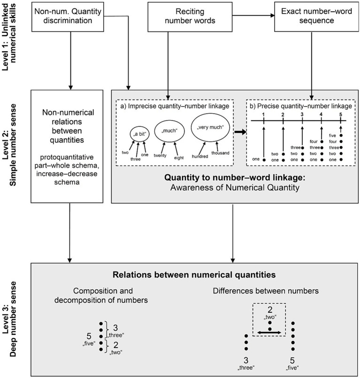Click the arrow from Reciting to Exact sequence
pyautogui.click(x=253, y=15)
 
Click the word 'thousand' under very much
pyautogui.click(x=220, y=153)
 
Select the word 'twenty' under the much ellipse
pyautogui.click(x=160, y=155)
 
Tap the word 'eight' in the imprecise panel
pyautogui.click(x=179, y=158)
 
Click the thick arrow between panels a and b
pyautogui.click(x=240, y=132)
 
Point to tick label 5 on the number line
pyautogui.click(x=340, y=115)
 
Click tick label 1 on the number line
pyautogui.click(x=264, y=115)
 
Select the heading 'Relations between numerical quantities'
pyautogui.click(x=194, y=275)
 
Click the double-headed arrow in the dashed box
pyautogui.click(x=269, y=332)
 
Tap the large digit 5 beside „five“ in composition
pyautogui.click(x=89, y=336)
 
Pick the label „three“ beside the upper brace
pyautogui.click(x=116, y=335)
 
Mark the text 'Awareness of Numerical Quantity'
pyautogui.click(x=235, y=187)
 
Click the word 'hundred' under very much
pyautogui.click(x=200, y=156)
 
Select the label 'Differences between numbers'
pyautogui.click(x=266, y=291)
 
